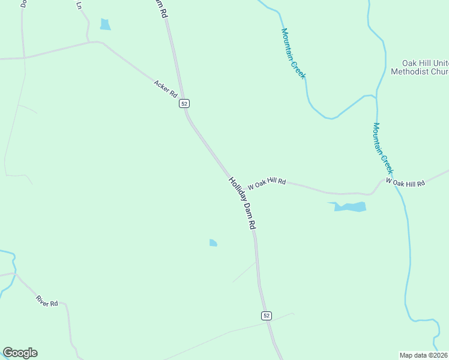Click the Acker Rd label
pos(166,89)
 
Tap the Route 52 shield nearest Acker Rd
pos(184,103)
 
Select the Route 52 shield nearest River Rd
pos(267,316)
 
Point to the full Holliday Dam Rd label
pos(243,203)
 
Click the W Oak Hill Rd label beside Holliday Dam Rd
pos(267,183)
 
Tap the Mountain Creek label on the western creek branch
pos(294,53)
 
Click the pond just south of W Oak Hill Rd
pos(349,207)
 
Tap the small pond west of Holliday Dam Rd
pos(213,242)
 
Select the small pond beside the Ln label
pos(106,25)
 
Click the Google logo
pos(20,353)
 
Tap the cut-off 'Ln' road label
pos(79,5)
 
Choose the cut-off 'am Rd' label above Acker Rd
pos(159,8)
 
